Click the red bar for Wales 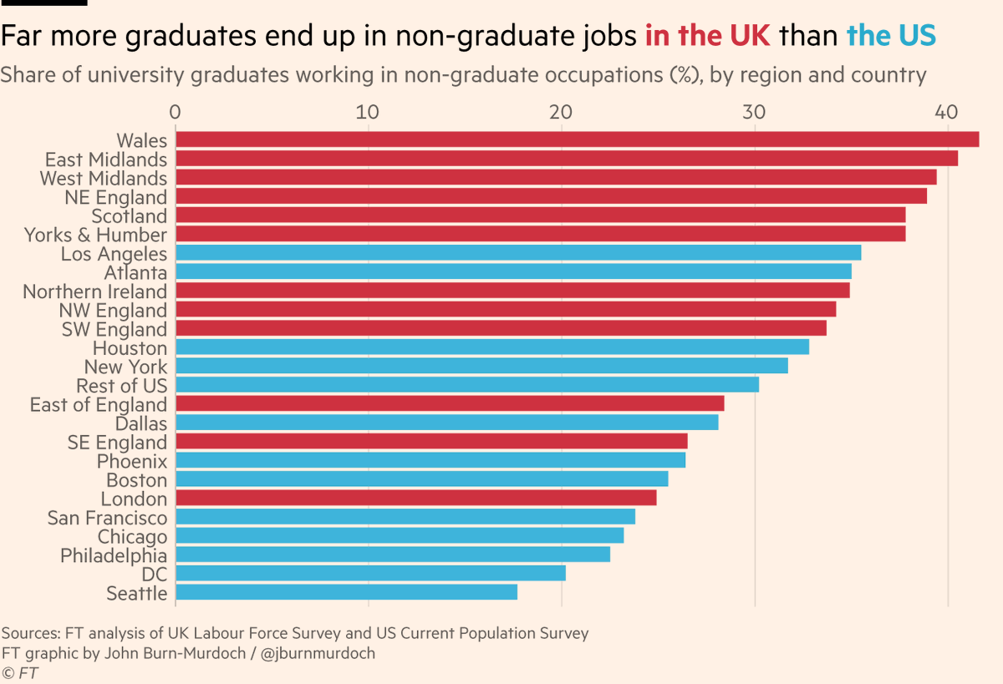pyautogui.click(x=577, y=139)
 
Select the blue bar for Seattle pyautogui.click(x=346, y=592)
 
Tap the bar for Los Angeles pyautogui.click(x=517, y=253)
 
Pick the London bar pyautogui.click(x=415, y=498)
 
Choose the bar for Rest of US pyautogui.click(x=466, y=384)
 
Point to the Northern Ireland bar pyautogui.click(x=512, y=291)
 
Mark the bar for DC pyautogui.click(x=370, y=573)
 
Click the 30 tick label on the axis pyautogui.click(x=754, y=112)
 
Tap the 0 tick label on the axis pyautogui.click(x=175, y=112)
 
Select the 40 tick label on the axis pyautogui.click(x=947, y=112)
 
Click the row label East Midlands pyautogui.click(x=106, y=160)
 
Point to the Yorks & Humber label pyautogui.click(x=95, y=235)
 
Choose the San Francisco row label pyautogui.click(x=107, y=518)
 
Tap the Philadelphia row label pyautogui.click(x=114, y=555)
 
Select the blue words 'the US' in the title pyautogui.click(x=891, y=36)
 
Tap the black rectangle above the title pyautogui.click(x=43, y=3)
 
